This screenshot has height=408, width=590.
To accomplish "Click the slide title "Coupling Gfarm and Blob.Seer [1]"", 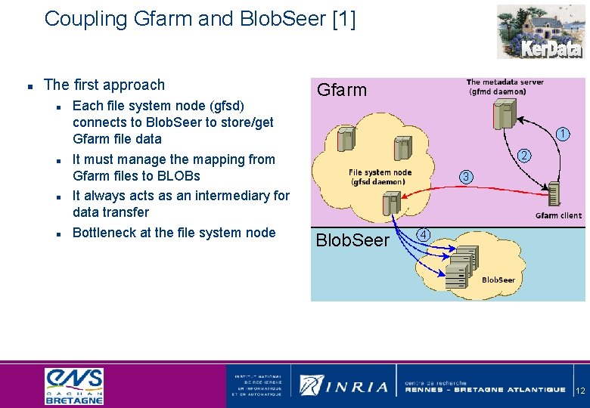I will tap(200, 19).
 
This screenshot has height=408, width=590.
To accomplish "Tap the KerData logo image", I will tap(540, 32).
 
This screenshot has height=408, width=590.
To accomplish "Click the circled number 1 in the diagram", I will tap(562, 134).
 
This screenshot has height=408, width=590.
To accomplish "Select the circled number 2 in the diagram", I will tap(523, 156).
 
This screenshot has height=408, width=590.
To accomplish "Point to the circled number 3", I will tap(467, 177).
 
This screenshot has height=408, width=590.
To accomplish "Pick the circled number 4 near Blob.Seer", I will tap(425, 234).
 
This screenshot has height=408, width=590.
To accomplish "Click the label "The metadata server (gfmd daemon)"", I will tap(497, 86).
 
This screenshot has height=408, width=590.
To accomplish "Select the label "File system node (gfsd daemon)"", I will tap(381, 177).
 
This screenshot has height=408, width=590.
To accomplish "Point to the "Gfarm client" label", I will tap(557, 215).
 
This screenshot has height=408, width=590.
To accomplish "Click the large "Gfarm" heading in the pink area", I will tap(341, 91).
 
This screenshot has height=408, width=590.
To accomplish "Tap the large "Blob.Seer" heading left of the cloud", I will tap(352, 240).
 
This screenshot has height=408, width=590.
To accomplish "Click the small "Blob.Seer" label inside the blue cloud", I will tap(498, 280).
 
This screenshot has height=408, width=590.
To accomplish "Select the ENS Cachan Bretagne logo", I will tap(74, 385).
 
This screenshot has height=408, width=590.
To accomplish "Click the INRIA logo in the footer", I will tap(344, 385).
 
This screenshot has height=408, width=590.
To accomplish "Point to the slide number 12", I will tap(580, 391).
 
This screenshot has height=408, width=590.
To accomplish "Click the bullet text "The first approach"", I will tap(104, 85).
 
